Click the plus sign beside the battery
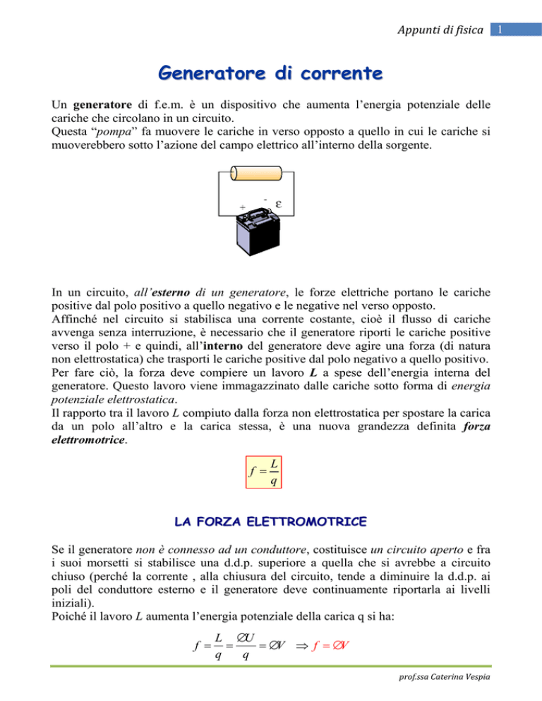pos(242,207)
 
